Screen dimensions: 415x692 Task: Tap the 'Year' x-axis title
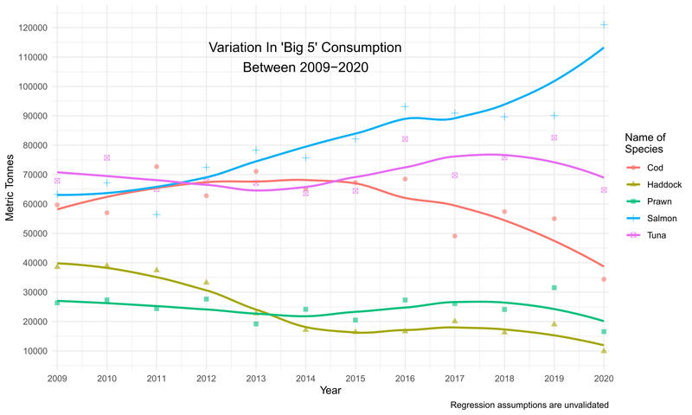330,392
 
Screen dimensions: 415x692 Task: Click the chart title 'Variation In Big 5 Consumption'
305,57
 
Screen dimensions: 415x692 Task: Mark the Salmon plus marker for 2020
604,24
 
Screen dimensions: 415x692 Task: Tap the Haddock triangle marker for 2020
604,350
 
